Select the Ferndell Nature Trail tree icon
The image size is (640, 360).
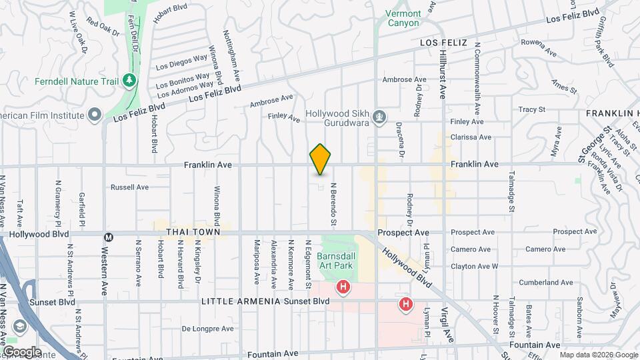pyautogui.click(x=129, y=81)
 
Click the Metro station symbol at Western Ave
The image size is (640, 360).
pyautogui.click(x=108, y=237)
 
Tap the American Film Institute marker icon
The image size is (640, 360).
pyautogui.click(x=95, y=115)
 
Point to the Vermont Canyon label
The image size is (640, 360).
pyautogui.click(x=404, y=18)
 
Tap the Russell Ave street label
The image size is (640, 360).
pyautogui.click(x=129, y=187)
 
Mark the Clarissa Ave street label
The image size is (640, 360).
pyautogui.click(x=471, y=137)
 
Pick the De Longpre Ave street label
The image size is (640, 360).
pyautogui.click(x=208, y=329)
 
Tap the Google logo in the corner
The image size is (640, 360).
pyautogui.click(x=22, y=351)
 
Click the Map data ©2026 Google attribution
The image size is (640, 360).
pyautogui.click(x=596, y=355)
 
